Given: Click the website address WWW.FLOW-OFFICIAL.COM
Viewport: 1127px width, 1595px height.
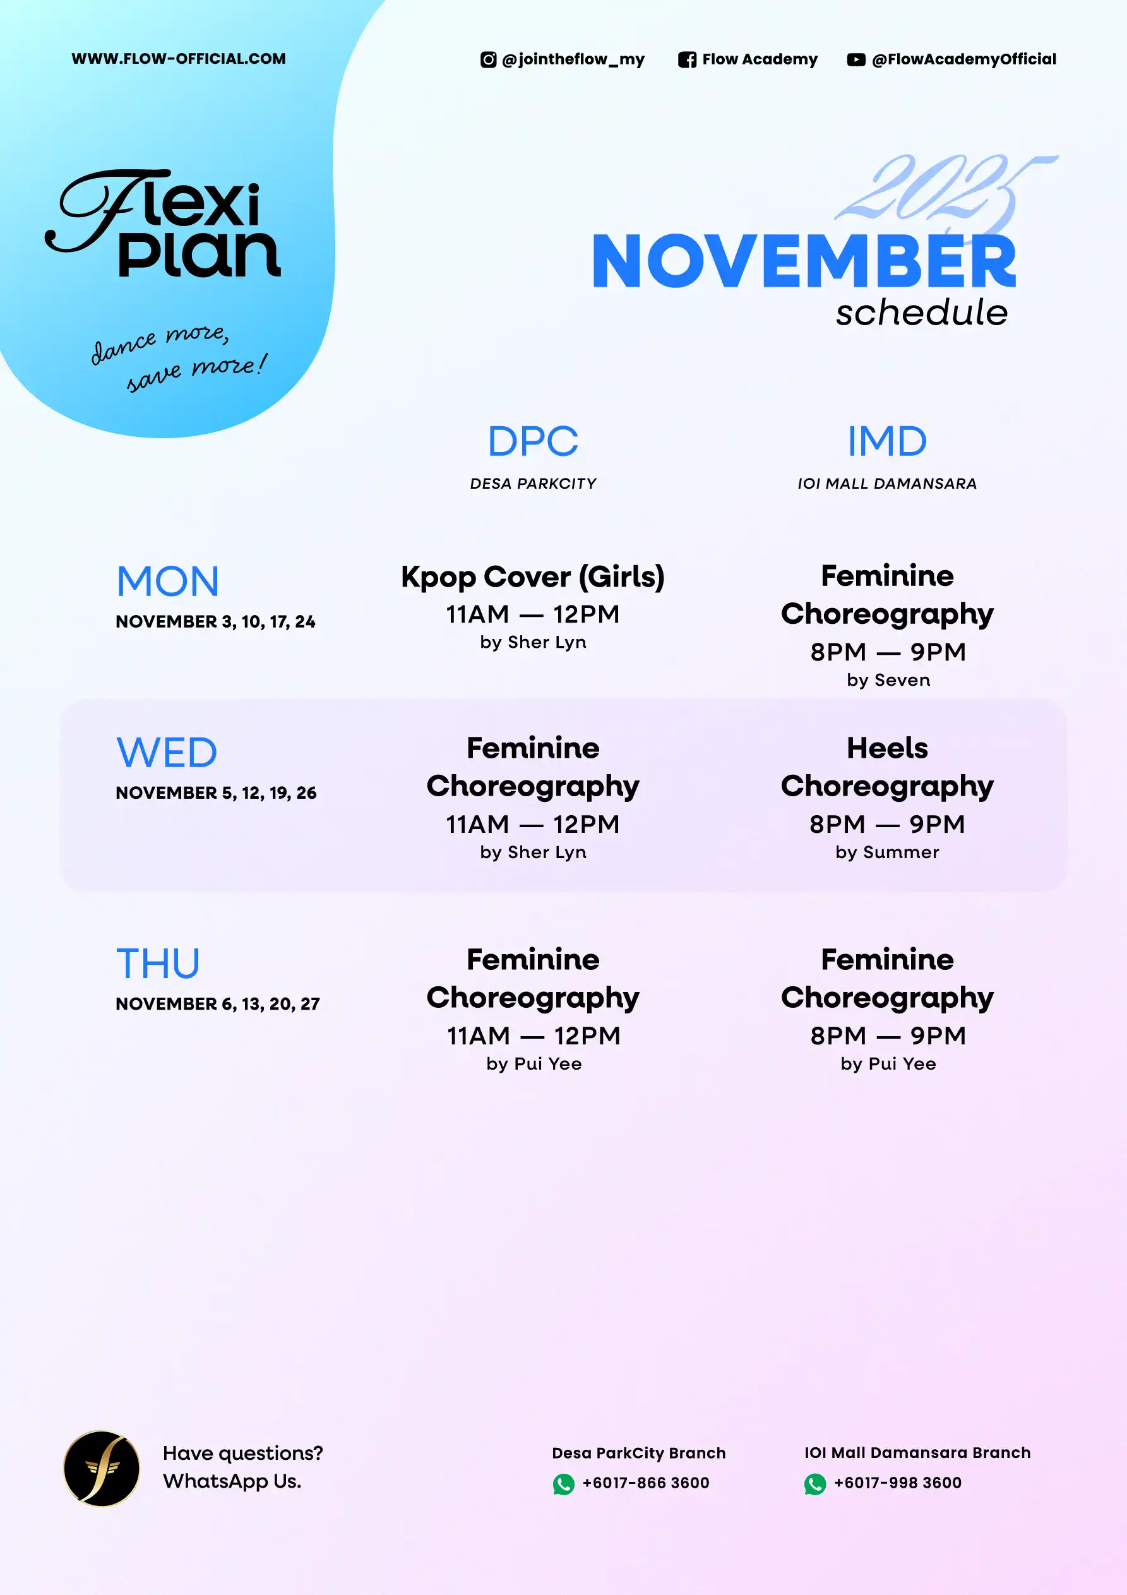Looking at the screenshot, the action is (x=179, y=59).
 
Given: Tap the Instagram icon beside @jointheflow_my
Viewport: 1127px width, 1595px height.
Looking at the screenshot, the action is (x=489, y=60).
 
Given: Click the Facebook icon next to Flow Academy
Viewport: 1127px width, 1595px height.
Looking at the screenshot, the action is (x=687, y=60).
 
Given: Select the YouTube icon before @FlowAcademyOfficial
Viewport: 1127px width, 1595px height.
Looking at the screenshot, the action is (x=856, y=60).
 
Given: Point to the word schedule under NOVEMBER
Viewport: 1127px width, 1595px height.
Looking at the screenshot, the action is (x=921, y=313).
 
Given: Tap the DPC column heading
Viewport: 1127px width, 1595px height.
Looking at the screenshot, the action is (x=533, y=441).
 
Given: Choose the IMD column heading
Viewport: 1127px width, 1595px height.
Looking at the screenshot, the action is (x=887, y=441).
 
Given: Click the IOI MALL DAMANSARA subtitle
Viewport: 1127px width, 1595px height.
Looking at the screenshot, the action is (x=887, y=484).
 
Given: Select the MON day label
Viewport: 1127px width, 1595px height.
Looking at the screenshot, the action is (x=167, y=582).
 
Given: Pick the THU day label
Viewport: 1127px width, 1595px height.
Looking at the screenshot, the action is (x=158, y=964).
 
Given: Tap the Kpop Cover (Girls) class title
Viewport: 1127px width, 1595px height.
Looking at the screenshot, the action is (x=533, y=576).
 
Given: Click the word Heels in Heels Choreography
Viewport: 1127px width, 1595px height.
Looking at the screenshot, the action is (x=887, y=748).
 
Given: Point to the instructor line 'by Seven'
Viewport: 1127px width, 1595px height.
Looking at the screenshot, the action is (x=888, y=680).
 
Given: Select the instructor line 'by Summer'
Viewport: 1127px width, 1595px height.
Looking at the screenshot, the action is (x=887, y=852).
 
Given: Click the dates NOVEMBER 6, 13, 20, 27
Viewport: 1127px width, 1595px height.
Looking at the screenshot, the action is (x=217, y=1004).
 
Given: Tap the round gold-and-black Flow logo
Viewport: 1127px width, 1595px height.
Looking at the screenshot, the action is (x=102, y=1469).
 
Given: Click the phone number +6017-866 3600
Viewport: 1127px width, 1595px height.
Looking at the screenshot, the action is (x=646, y=1483).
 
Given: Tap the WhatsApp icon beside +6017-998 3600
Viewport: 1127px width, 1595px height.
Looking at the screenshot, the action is (x=815, y=1484).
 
